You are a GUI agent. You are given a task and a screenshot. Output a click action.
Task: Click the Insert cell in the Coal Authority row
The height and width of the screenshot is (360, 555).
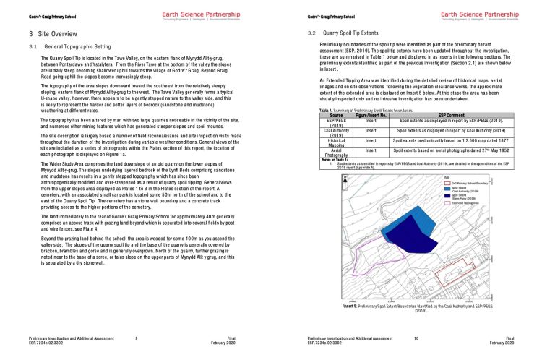pyautogui.click(x=371, y=131)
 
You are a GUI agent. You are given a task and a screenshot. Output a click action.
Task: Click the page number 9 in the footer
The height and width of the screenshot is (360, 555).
pyautogui.click(x=137, y=338)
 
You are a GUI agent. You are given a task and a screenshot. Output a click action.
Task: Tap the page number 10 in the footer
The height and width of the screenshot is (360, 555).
pyautogui.click(x=416, y=338)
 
